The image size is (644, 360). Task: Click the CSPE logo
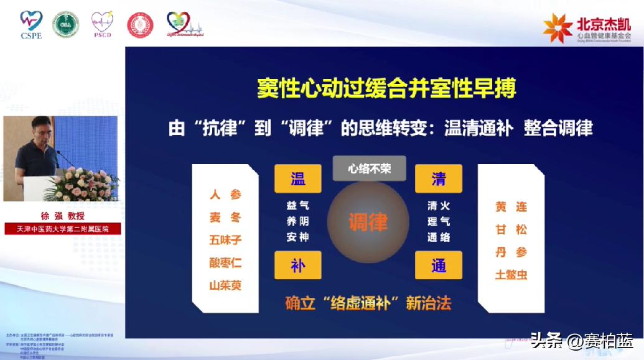[x=30, y=24]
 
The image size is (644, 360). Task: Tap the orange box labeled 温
[x=297, y=178]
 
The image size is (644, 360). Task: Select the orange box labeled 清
[x=439, y=178]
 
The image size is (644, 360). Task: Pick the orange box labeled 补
[x=297, y=265]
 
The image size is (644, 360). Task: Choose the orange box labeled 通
[x=439, y=265]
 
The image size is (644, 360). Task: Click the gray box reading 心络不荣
[x=369, y=168]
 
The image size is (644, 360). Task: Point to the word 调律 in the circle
[x=368, y=222]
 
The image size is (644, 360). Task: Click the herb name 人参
[x=225, y=195]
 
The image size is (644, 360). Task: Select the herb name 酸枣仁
[x=225, y=262]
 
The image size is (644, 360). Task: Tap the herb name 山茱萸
[x=225, y=285]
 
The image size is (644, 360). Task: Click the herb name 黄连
[x=511, y=207]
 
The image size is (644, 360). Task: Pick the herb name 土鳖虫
[x=511, y=274]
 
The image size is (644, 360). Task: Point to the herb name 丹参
[x=511, y=252]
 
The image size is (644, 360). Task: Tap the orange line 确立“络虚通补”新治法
[x=368, y=303]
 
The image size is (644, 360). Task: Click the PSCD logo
[x=102, y=24]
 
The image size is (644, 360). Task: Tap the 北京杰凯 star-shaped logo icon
[x=558, y=27]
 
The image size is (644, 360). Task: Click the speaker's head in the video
[x=41, y=128]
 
